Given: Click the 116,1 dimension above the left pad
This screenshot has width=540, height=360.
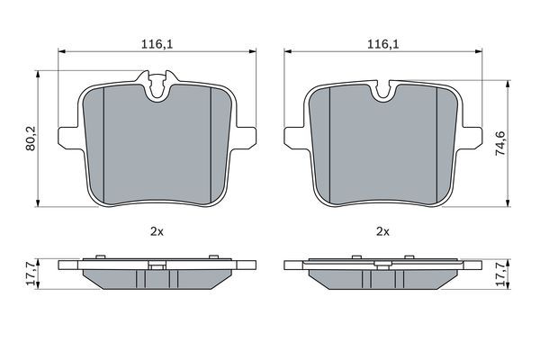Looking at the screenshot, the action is [x=157, y=44].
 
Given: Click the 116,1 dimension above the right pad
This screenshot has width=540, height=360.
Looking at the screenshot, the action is [x=383, y=44].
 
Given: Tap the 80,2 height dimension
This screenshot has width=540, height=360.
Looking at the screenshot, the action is [x=31, y=139].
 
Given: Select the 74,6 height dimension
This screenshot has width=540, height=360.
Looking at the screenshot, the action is [x=500, y=143].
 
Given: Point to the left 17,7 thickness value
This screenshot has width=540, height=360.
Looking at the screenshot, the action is [x=31, y=274].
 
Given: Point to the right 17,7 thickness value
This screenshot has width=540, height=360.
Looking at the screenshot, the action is [x=500, y=274].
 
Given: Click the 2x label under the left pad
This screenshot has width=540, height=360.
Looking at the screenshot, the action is [x=157, y=232].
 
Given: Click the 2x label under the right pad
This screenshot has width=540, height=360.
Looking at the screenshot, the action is [x=382, y=232].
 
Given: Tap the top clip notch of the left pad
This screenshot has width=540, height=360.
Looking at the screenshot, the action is [x=158, y=86].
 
